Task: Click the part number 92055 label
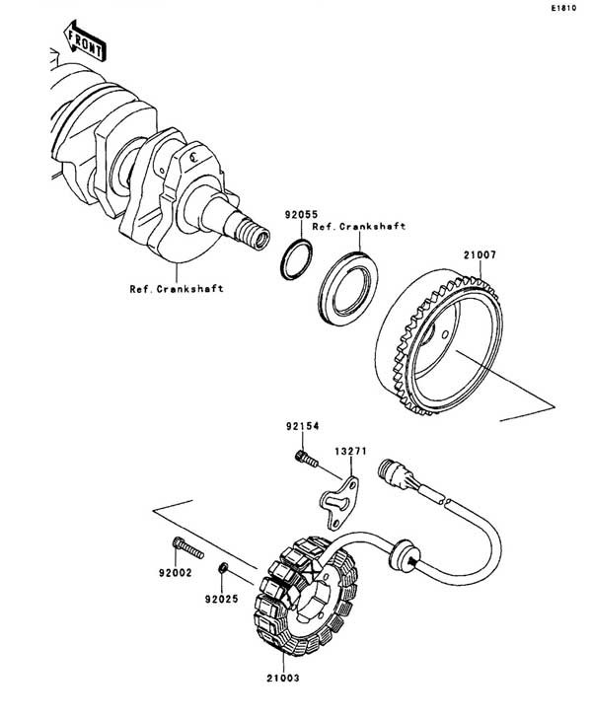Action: click(x=301, y=215)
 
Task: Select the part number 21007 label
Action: click(x=480, y=254)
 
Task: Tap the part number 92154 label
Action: click(x=302, y=426)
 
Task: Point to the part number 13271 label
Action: click(x=351, y=451)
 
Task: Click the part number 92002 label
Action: click(x=176, y=573)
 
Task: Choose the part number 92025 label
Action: click(x=222, y=599)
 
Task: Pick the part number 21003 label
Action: click(x=283, y=678)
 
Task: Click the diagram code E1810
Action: click(x=563, y=8)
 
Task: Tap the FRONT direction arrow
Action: click(x=85, y=40)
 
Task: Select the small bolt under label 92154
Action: click(x=306, y=459)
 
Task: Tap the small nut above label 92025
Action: click(x=223, y=568)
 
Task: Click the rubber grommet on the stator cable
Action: click(x=403, y=555)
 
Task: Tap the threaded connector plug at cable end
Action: click(x=393, y=473)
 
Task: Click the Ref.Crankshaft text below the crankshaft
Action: click(x=177, y=289)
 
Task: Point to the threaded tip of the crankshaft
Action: click(x=252, y=234)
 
